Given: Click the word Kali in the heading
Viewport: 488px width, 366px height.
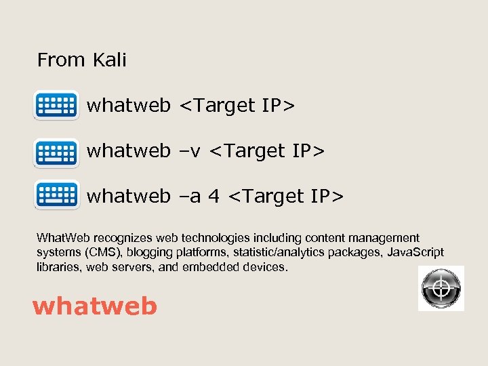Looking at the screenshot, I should coord(110,60).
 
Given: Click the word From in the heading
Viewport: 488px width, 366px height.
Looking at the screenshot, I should coord(61,60).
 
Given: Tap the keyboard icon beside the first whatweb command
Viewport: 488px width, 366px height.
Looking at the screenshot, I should coord(56,106).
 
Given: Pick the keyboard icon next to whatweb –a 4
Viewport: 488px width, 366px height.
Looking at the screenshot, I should coord(56,197).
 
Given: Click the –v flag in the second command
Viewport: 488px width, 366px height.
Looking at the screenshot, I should coord(190,150).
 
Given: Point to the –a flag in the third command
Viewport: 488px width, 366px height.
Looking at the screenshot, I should coord(190,196).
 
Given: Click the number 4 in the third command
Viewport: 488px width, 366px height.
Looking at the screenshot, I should coord(213,196).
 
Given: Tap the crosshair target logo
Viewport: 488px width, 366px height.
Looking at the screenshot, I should coord(441,288).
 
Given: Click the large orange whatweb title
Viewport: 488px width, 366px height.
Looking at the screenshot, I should coord(95,306).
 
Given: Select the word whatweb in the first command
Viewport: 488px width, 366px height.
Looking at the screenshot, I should coord(129,106).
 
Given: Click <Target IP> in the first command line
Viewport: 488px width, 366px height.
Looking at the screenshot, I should coord(237,106).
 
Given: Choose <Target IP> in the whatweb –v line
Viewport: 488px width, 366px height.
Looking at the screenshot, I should coord(268,150).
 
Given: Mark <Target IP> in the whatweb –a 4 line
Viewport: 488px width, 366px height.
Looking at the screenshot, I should coord(286,196).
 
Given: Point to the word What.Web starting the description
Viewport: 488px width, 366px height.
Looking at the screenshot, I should coord(64,238).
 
